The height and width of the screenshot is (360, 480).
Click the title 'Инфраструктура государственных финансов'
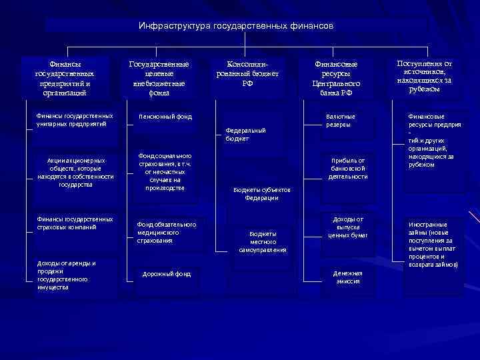[x=236, y=26]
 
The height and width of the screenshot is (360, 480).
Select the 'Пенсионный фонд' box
[x=165, y=117]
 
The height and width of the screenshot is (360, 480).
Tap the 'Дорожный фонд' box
[x=167, y=274]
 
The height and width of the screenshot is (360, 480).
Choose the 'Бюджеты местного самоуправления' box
[x=263, y=241]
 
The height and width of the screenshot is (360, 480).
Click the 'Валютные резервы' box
[x=340, y=121]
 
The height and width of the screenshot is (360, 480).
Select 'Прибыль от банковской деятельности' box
[x=348, y=169]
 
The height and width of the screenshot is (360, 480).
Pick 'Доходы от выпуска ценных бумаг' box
[x=348, y=227]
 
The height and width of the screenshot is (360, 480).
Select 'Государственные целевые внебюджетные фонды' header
[x=159, y=79]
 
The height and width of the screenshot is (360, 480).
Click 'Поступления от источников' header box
[x=424, y=76]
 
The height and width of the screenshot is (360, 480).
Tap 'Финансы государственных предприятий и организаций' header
[x=65, y=79]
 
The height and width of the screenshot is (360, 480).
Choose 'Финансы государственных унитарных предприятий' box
[x=75, y=120]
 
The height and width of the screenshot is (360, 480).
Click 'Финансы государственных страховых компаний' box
[x=75, y=223]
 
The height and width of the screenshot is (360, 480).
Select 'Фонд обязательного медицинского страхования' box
[x=167, y=232]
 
